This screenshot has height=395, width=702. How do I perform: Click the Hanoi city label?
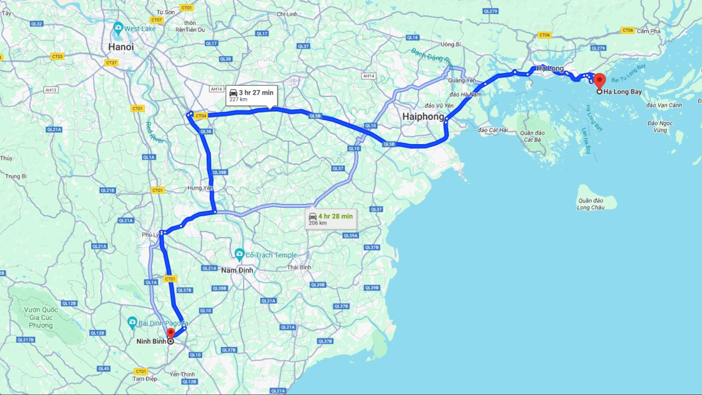coord(121,47)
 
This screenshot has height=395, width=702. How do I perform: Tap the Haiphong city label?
coord(423,116)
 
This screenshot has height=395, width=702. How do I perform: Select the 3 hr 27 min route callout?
coord(251,95)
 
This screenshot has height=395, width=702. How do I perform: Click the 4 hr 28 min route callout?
coord(330,219)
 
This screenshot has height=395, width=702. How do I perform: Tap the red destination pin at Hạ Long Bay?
coord(599,81)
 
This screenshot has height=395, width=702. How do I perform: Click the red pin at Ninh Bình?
coord(170,333)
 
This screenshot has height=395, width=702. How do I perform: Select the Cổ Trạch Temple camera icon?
coord(239,254)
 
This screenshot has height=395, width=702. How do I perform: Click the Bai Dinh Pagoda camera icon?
coord(132,322)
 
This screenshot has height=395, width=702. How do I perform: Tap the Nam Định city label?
coord(237,270)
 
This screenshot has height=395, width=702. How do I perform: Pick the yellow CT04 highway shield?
coord(201,116)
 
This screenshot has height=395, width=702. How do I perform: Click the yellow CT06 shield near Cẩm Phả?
coord(628,30)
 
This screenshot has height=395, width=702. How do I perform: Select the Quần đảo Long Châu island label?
coord(590,204)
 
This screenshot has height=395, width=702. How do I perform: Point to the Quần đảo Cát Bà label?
coord(532,136)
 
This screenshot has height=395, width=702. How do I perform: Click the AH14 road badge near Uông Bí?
coord(368,76)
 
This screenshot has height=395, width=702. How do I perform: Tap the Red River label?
coord(155,133)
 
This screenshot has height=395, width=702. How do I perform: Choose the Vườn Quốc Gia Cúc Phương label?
coord(41,317)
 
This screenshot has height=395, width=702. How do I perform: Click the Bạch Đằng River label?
coord(432,56)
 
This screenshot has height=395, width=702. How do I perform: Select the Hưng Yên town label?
coord(200,188)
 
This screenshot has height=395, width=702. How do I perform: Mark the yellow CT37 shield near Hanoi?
coord(111,63)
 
